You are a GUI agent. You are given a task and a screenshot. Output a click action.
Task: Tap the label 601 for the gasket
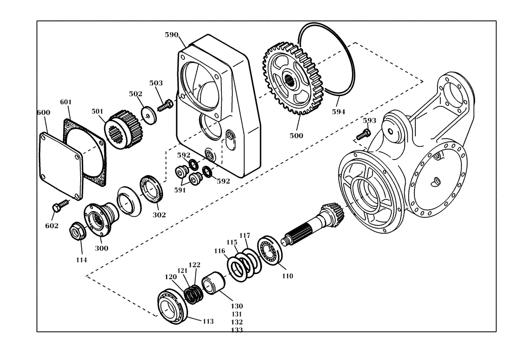(x=66, y=102)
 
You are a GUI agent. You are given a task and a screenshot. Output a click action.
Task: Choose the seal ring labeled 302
(x=151, y=189)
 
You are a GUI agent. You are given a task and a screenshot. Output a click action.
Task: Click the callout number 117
(x=245, y=235)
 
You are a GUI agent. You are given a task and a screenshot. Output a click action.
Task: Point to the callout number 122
(x=195, y=265)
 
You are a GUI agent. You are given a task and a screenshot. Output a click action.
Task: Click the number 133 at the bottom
(x=237, y=330)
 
